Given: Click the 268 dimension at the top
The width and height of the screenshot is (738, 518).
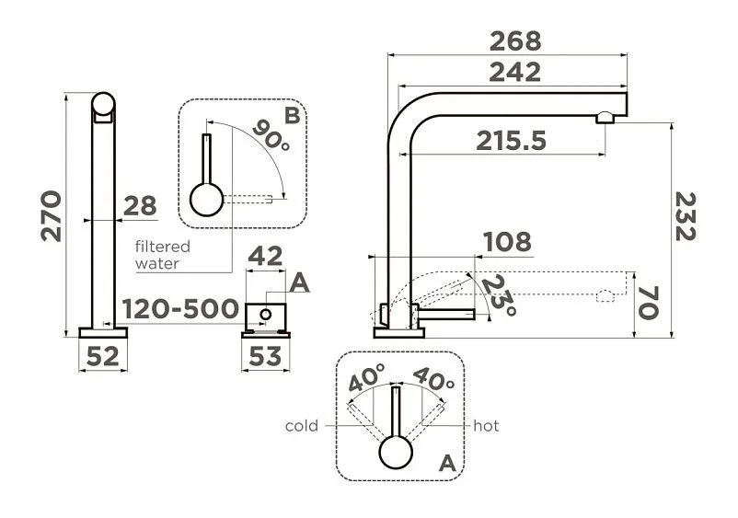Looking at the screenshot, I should pyautogui.click(x=515, y=41).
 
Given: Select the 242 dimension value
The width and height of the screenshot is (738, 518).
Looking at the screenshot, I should pyautogui.click(x=514, y=73).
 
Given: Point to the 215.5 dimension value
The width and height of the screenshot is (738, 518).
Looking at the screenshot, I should pyautogui.click(x=512, y=141).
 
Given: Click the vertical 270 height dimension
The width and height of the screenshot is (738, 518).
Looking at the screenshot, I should pyautogui.click(x=52, y=215).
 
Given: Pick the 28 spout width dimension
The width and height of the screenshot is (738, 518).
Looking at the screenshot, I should pyautogui.click(x=140, y=206).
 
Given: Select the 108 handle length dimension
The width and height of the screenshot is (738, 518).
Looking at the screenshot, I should pyautogui.click(x=507, y=242).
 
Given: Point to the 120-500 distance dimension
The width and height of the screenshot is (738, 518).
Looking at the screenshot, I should pyautogui.click(x=180, y=308).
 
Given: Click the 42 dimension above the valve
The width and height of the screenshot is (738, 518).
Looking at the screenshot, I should pyautogui.click(x=265, y=257).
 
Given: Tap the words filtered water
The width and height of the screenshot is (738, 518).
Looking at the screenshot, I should pyautogui.click(x=162, y=255).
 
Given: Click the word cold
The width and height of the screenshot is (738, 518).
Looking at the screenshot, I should pyautogui.click(x=302, y=426).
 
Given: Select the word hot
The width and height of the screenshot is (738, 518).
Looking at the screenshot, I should pyautogui.click(x=486, y=426).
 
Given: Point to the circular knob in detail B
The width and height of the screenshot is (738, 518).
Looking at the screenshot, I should pyautogui.click(x=206, y=199).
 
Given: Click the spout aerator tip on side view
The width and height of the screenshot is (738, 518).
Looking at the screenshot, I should pyautogui.click(x=605, y=117).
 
